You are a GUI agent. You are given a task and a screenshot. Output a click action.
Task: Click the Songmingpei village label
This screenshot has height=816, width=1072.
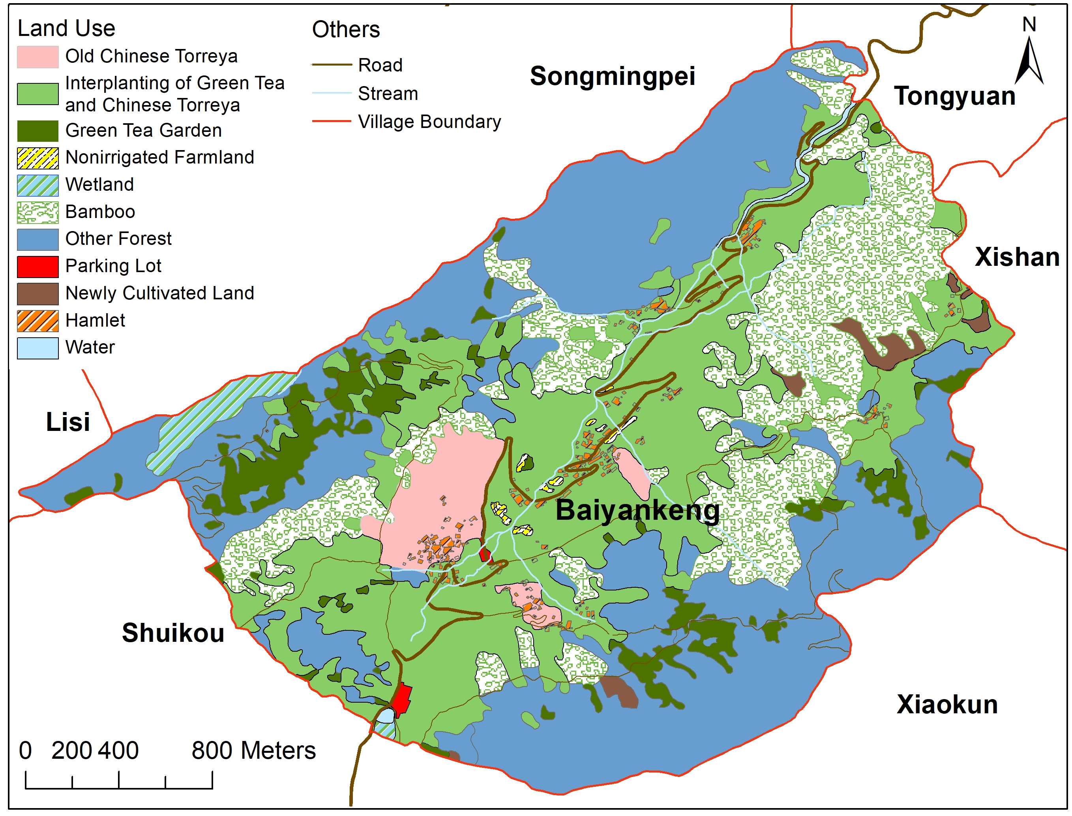tap(613, 77)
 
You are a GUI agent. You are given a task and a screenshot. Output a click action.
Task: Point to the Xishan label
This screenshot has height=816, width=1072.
tap(1017, 257)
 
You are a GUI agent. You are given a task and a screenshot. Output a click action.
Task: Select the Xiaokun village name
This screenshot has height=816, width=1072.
tap(947, 705)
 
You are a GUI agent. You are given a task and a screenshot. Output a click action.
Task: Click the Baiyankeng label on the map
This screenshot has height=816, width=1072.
tap(637, 511)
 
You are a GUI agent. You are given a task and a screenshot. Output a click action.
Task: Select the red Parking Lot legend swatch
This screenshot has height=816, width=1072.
tap(38, 267)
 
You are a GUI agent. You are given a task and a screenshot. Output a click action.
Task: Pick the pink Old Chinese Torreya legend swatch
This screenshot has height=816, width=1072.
tap(38, 57)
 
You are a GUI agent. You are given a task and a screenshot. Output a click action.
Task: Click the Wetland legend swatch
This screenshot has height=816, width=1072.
tap(38, 186)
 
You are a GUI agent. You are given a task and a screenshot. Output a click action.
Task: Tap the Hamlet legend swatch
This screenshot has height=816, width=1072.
tap(38, 321)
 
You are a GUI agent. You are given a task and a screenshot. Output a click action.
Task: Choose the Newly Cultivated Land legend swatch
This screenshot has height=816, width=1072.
tap(38, 294)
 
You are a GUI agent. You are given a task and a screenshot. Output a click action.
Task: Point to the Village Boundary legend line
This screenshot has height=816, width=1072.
tap(332, 121)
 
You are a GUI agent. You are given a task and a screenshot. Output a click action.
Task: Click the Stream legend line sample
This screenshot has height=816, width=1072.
tap(332, 93)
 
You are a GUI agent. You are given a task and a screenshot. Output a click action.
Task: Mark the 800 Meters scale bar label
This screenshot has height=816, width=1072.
tap(253, 751)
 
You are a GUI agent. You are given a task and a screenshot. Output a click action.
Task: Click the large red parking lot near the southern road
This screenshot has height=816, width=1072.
tap(402, 699)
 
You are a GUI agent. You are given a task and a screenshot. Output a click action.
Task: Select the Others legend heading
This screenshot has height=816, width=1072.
tap(345, 30)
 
